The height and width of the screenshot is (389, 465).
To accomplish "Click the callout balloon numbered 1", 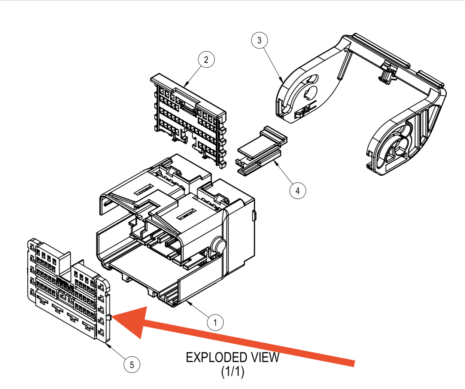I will coord(215,322).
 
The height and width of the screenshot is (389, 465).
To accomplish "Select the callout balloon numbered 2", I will coord(206,60).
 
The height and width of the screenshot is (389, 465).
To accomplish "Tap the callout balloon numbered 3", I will coord(259,40).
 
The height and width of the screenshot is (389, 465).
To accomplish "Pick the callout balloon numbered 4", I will coord(298,191).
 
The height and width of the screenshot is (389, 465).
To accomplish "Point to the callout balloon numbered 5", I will coord(132,365).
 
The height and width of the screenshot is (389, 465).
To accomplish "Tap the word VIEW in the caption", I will coord(265,358).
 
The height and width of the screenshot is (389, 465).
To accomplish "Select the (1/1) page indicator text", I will coord(232,372).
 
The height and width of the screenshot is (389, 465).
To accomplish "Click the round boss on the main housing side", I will coord(218,245).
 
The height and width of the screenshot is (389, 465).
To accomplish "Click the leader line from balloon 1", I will coord(198,310).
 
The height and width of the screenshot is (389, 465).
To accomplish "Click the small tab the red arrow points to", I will coord(109,317).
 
